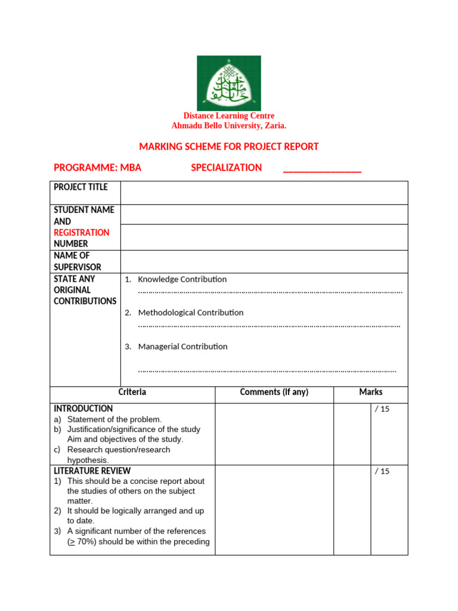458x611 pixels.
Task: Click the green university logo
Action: (229, 83)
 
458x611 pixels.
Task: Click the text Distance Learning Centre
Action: (229, 116)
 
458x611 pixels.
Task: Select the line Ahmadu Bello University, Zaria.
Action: (229, 126)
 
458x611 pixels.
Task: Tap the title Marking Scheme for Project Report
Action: (229, 147)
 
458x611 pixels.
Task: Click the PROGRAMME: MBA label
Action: (97, 168)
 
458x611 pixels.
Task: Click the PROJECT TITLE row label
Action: (81, 187)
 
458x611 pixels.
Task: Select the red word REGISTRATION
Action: (82, 233)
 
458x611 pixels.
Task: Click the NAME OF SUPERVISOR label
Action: (78, 261)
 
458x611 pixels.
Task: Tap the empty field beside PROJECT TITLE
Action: (264, 193)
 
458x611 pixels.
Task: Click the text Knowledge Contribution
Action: (182, 279)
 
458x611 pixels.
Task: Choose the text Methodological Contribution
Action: (191, 313)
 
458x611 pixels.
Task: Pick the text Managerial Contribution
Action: (182, 347)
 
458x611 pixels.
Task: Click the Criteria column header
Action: (132, 393)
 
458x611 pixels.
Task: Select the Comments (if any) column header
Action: (274, 393)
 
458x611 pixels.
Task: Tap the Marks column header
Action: (370, 393)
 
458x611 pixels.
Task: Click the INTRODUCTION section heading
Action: (83, 409)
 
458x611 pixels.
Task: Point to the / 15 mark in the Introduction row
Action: (382, 409)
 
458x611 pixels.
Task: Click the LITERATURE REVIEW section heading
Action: (92, 471)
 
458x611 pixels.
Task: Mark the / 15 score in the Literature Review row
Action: (382, 471)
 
